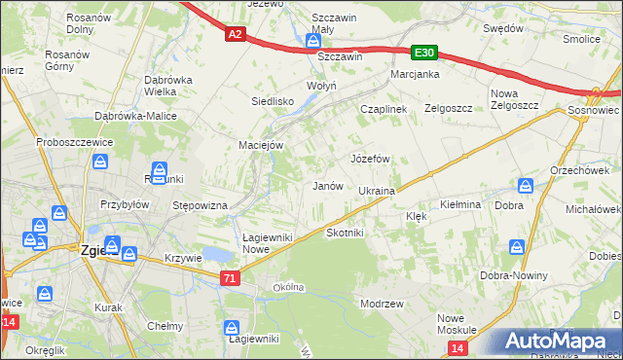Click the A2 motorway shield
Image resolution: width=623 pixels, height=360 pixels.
coord(235,34)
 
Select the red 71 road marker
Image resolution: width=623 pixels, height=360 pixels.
coord(229,278)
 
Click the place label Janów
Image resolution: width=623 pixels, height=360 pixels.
coord(326,185)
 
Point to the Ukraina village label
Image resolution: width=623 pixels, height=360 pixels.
coord(376,192)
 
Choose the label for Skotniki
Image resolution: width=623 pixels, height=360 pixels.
coord(345,233)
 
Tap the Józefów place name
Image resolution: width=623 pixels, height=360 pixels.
coord(370,158)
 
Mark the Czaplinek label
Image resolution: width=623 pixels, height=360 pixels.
coord(383,110)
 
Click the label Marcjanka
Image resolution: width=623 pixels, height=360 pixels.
coord(415,74)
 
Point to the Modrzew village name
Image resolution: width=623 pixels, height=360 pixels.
coord(382,305)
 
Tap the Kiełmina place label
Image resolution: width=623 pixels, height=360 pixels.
coord(460,205)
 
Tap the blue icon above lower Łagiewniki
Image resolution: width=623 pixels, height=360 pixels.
coord(232,328)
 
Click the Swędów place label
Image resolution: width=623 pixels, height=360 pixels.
coord(503,29)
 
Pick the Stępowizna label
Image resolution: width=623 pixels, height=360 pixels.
coord(200,205)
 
